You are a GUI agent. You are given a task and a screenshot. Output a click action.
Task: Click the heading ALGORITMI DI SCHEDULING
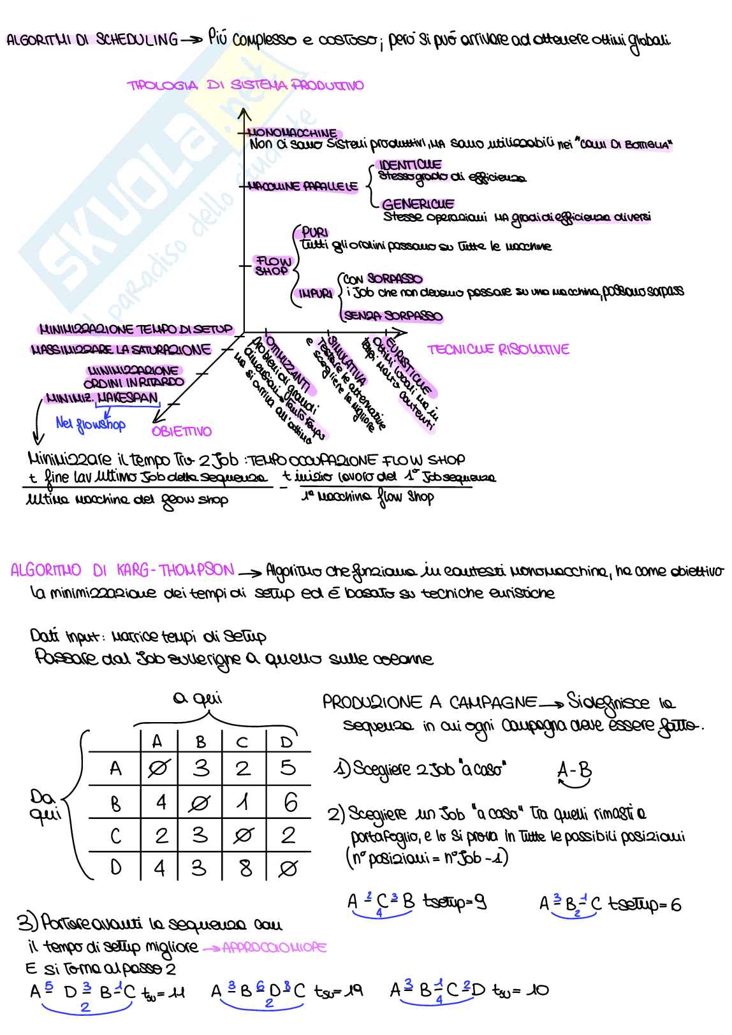(x=92, y=40)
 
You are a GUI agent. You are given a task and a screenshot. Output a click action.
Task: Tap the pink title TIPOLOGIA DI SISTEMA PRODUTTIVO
(x=245, y=85)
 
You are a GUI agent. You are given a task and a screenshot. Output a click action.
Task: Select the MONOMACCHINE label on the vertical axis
(x=291, y=133)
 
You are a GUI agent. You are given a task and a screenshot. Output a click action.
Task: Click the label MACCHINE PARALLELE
(x=303, y=187)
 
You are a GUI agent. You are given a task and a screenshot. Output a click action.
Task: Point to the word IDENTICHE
(x=409, y=165)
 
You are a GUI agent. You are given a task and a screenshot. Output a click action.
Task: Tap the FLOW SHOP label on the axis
(x=272, y=265)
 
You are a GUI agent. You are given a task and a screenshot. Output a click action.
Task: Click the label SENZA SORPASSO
(x=393, y=315)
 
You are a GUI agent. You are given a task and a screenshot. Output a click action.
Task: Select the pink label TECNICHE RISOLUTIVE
(x=498, y=349)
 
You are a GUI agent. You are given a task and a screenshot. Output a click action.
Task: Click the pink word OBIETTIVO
(x=182, y=431)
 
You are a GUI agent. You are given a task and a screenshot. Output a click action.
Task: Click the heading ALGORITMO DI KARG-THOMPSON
(x=122, y=569)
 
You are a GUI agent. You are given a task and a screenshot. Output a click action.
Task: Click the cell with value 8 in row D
(x=245, y=868)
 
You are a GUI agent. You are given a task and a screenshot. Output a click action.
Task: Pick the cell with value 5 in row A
(x=288, y=769)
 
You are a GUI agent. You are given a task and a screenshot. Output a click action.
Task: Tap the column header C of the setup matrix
(x=242, y=741)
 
